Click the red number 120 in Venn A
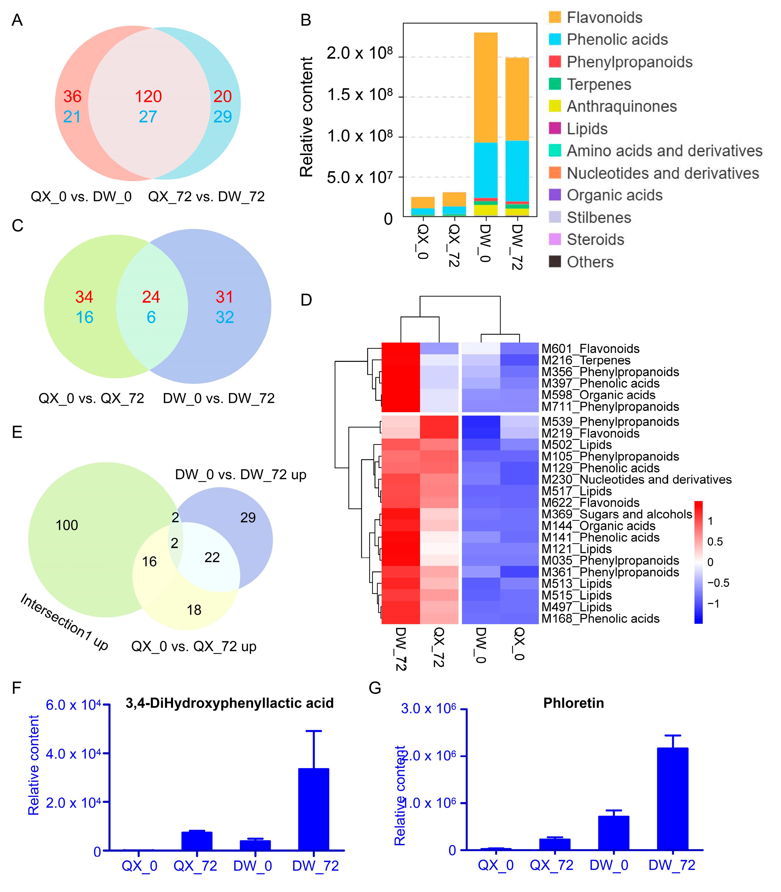point(148,96)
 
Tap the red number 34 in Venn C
point(84,297)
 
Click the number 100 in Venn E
point(67,525)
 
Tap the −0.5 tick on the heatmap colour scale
point(718,583)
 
